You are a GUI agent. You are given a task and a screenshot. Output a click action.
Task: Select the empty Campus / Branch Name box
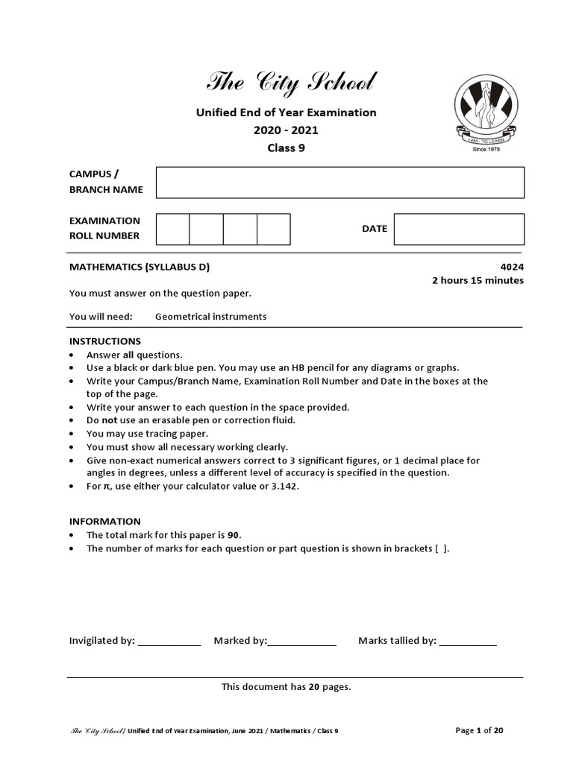pyautogui.click(x=339, y=182)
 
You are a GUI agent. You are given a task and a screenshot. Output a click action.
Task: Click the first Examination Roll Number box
pyautogui.click(x=172, y=229)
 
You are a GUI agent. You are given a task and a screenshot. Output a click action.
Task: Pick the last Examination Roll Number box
pyautogui.click(x=274, y=229)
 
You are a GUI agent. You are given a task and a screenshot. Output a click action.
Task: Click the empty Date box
pyautogui.click(x=459, y=229)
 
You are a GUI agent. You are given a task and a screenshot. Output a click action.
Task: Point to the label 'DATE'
pyautogui.click(x=375, y=229)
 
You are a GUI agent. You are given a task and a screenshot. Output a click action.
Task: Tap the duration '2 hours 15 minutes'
pyautogui.click(x=477, y=280)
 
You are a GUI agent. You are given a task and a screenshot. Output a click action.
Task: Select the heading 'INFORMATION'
pyautogui.click(x=105, y=522)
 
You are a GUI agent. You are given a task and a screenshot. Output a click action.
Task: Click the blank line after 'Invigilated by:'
pyautogui.click(x=169, y=642)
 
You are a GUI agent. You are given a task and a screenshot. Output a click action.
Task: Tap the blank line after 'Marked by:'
pyautogui.click(x=302, y=642)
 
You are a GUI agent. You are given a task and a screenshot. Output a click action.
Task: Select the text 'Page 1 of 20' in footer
pyautogui.click(x=479, y=730)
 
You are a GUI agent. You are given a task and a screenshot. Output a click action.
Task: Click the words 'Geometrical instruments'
pyautogui.click(x=210, y=316)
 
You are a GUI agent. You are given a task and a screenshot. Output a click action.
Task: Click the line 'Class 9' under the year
pyautogui.click(x=286, y=148)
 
